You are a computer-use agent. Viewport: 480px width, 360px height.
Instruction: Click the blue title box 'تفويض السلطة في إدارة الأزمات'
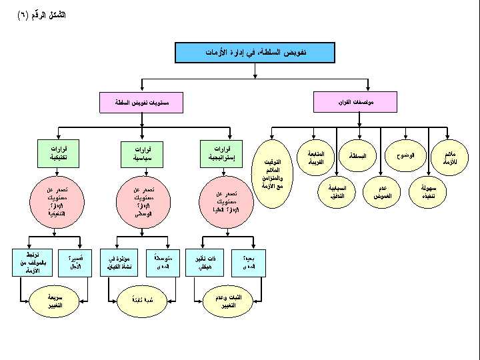[255, 53]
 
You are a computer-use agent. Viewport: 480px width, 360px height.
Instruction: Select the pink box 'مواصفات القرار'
[355, 102]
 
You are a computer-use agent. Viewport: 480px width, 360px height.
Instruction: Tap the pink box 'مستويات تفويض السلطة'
[141, 103]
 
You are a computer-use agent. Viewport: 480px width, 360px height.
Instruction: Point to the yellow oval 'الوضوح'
[404, 156]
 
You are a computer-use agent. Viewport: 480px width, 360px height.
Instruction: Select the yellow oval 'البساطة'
[357, 156]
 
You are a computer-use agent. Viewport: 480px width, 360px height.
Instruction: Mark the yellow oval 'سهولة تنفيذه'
[427, 192]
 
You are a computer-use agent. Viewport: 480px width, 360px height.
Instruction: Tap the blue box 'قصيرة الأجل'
[75, 263]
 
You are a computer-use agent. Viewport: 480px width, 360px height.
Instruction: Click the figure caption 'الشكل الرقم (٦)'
[41, 15]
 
